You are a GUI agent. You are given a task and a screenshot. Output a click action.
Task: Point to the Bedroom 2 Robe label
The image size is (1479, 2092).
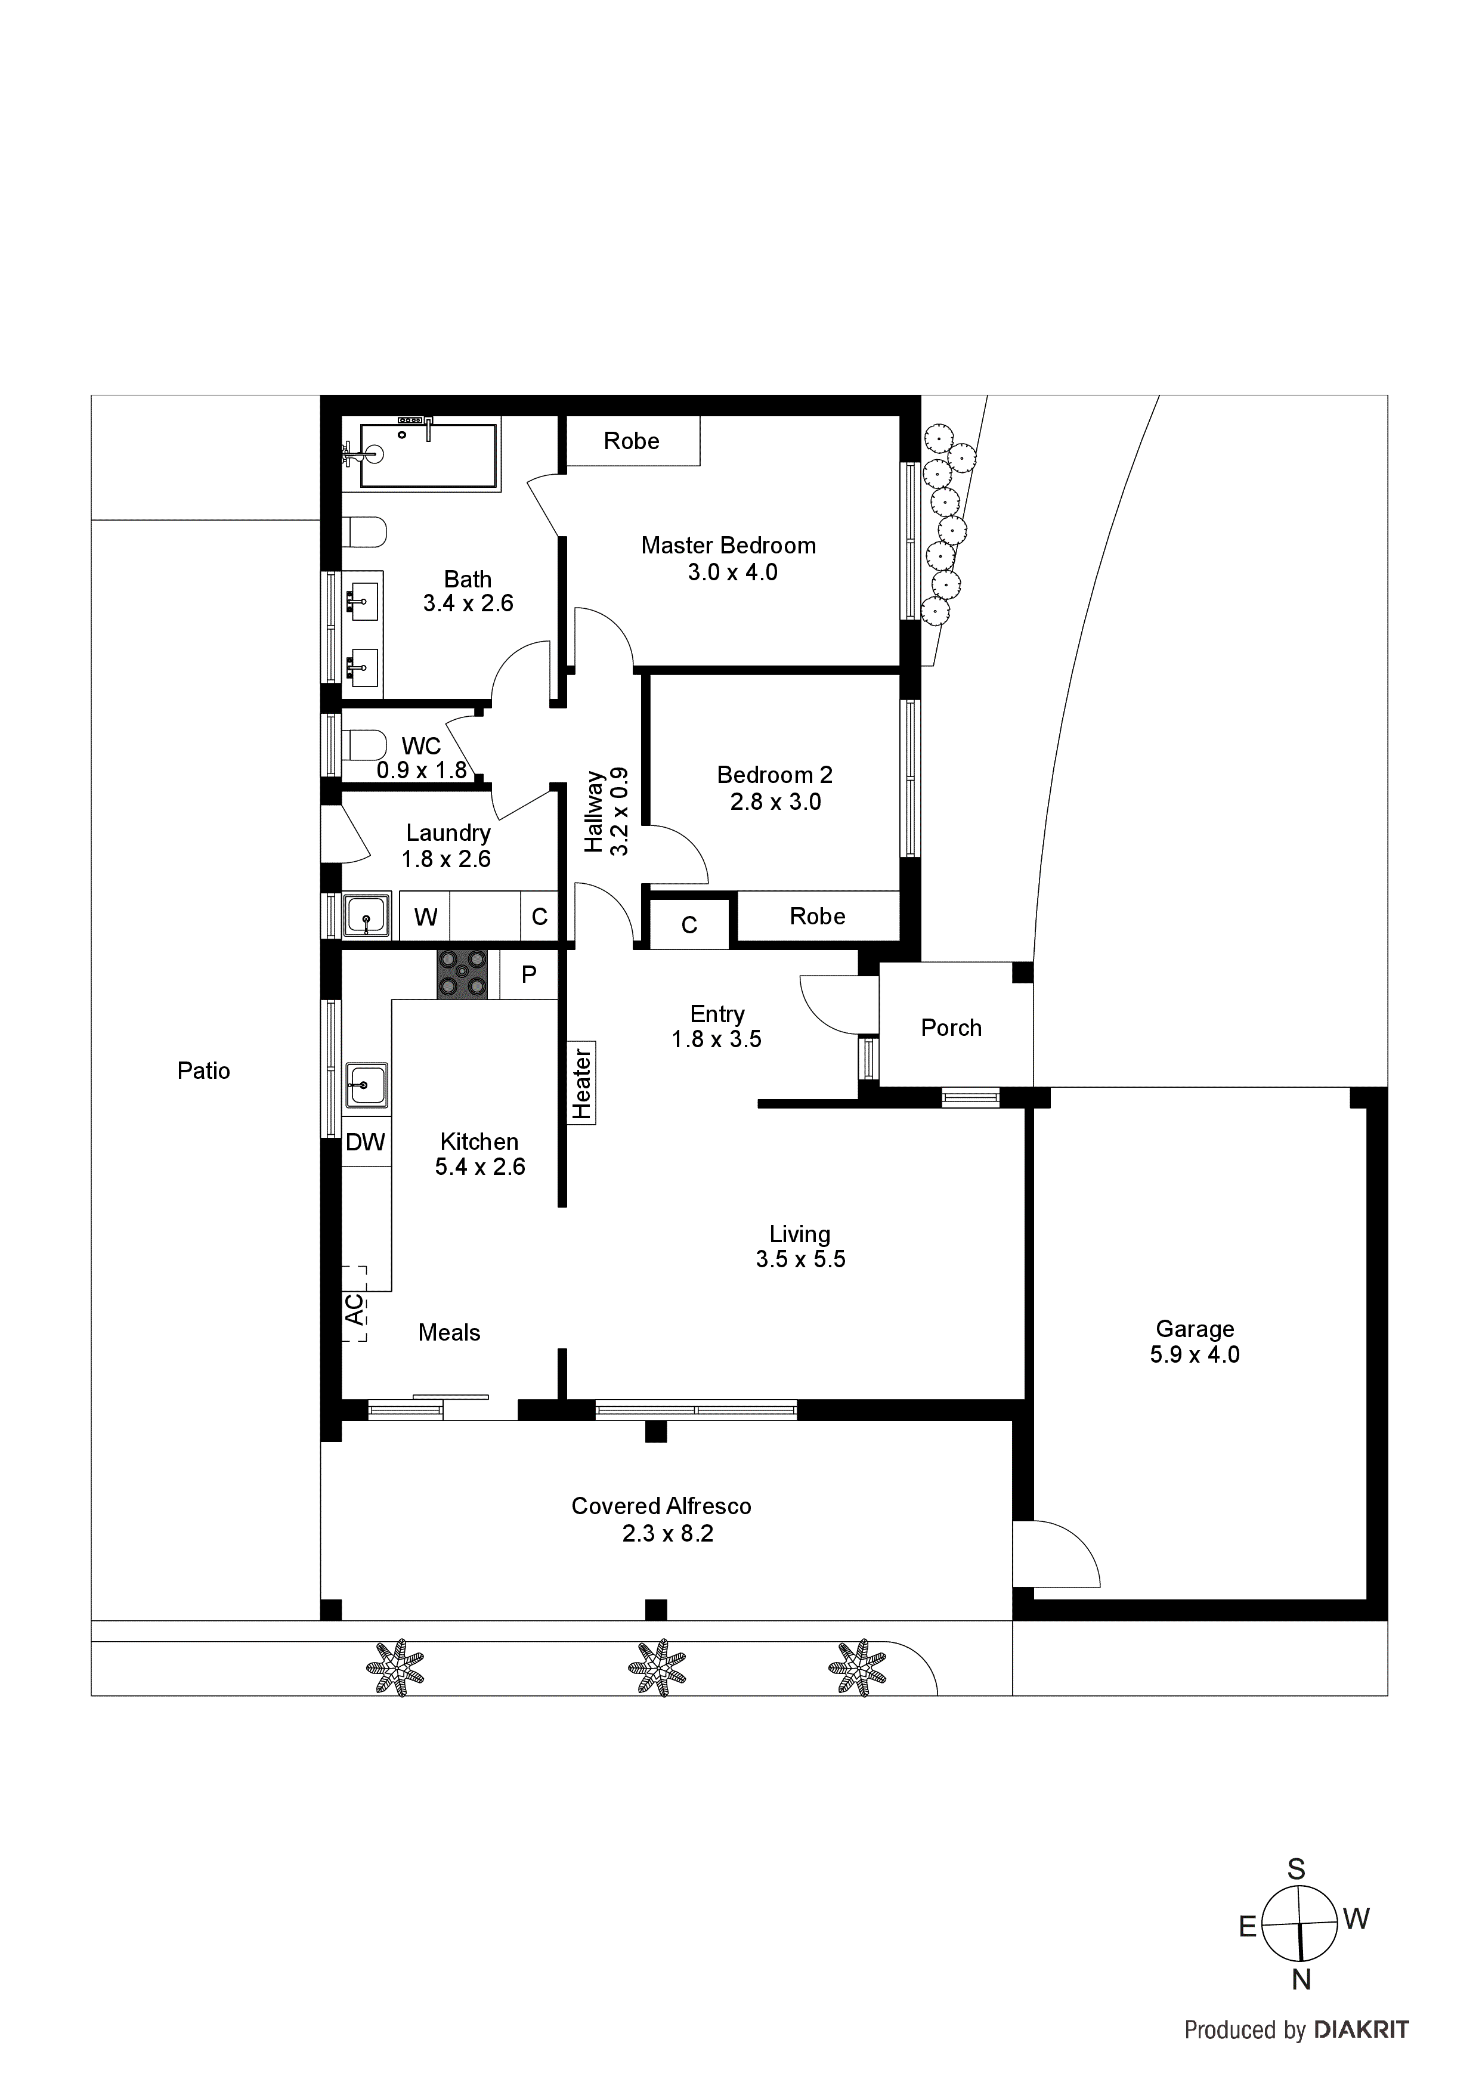pos(818,916)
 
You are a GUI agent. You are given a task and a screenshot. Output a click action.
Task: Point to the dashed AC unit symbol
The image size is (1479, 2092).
pos(354,1304)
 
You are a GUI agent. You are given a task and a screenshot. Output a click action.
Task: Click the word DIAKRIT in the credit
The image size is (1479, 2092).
pos(1362,2029)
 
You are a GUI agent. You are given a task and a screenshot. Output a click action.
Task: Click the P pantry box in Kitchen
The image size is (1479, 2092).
pos(528,974)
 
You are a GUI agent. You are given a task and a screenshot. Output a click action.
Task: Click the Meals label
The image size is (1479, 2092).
pos(449,1332)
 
